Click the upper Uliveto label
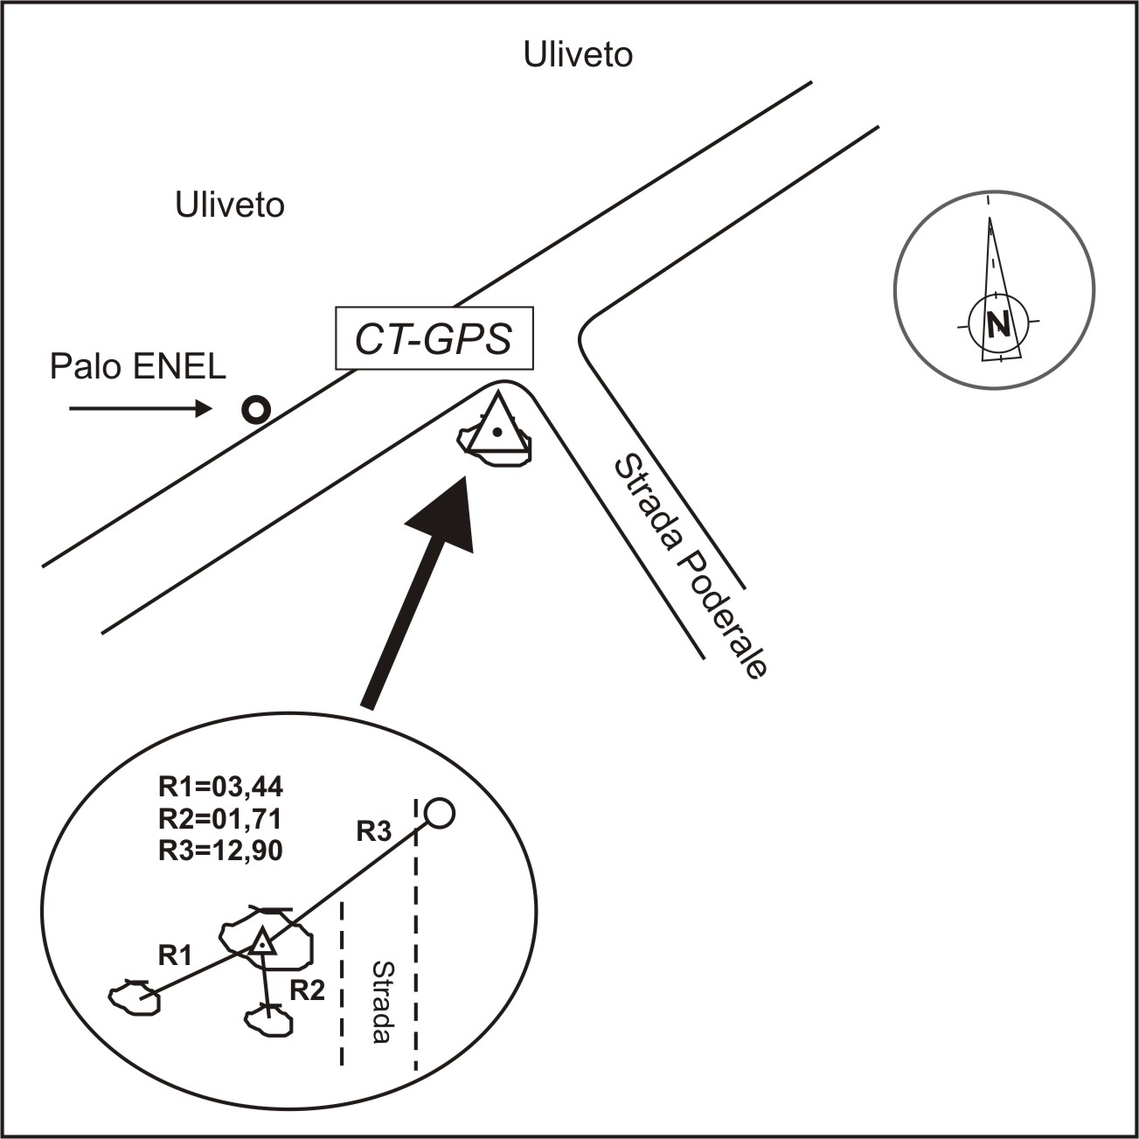tap(578, 54)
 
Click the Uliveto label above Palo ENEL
tap(230, 205)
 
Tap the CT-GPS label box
tap(434, 337)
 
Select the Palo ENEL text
tap(138, 366)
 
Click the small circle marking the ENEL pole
tap(256, 409)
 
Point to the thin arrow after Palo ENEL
tap(140, 408)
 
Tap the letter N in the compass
tap(997, 325)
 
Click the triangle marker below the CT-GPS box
tap(497, 427)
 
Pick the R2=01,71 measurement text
tap(220, 819)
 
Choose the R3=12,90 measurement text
tap(220, 850)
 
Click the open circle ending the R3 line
tap(439, 813)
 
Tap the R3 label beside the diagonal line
tap(373, 831)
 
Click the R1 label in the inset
tap(174, 955)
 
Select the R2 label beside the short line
tap(307, 990)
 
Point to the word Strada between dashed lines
tap(380, 1002)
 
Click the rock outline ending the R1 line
tap(135, 997)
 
